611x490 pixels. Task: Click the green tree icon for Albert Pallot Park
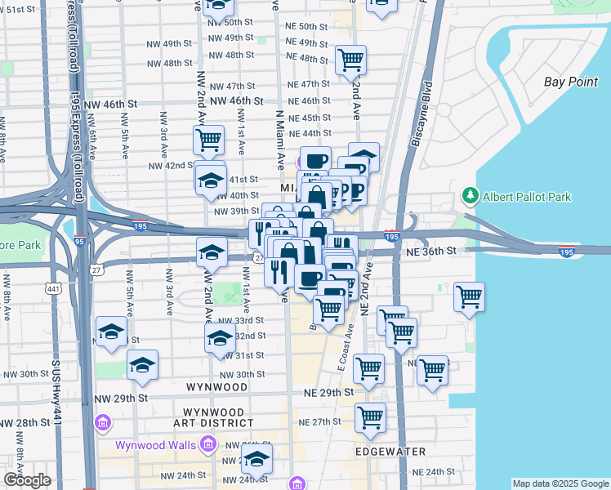click(x=470, y=197)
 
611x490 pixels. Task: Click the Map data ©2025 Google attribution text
click(x=560, y=483)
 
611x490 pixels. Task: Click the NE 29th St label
click(x=326, y=393)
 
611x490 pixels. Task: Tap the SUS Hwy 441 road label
click(x=56, y=400)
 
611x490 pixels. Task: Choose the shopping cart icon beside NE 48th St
click(x=350, y=60)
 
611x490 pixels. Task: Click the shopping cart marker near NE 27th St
click(x=370, y=417)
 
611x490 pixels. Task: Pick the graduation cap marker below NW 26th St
click(x=256, y=460)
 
